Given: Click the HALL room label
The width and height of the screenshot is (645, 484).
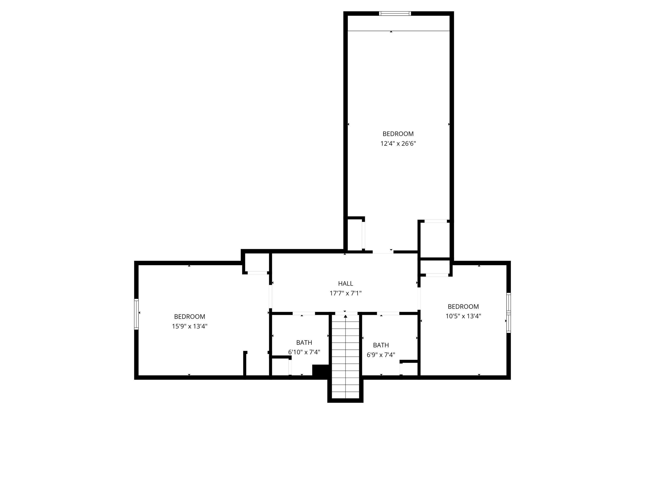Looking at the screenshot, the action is pos(345,283).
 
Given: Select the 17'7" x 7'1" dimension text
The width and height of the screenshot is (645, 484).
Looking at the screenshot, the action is pos(345,293).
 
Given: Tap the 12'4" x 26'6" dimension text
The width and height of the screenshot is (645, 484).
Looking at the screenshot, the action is pos(398,143).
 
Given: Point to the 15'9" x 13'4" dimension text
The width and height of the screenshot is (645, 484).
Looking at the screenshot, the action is pos(189,326).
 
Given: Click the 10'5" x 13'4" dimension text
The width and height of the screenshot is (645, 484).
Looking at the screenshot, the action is pos(463,316).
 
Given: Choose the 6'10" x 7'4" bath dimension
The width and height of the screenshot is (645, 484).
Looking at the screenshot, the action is pos(304,352).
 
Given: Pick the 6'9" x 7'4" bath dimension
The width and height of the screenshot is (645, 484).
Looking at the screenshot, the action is pos(381,355).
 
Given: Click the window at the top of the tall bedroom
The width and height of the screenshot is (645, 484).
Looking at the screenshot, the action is pos(395,13).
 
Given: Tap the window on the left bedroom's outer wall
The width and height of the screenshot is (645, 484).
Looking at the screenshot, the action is pos(136,314).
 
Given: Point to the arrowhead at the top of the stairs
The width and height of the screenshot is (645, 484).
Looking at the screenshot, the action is pos(345,316).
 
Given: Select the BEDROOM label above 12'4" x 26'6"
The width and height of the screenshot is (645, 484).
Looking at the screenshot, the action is pos(398,134).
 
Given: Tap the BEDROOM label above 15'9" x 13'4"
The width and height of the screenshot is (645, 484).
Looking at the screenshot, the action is pos(189,317).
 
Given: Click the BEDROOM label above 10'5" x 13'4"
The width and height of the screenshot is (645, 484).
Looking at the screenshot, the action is pos(463,307).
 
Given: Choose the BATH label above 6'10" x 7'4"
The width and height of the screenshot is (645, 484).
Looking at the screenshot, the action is pos(304,343).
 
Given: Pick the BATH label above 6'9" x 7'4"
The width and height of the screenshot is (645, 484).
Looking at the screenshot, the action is pos(381,345).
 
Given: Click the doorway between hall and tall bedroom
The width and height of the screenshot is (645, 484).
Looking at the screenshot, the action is pos(383,252).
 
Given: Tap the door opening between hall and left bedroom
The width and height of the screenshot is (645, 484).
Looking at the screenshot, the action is pos(271,296).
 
